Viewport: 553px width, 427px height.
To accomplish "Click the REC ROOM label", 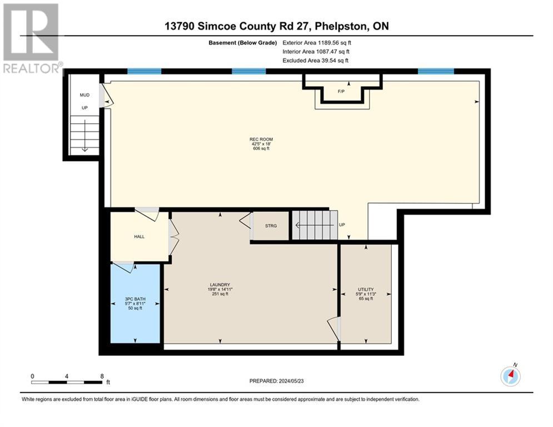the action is tap(261, 140).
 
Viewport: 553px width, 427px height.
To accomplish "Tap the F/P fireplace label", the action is tap(341, 91).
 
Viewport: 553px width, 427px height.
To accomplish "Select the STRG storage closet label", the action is tap(271, 226).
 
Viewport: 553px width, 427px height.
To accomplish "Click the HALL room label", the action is tap(140, 237).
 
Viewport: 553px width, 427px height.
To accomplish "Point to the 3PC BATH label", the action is tap(135, 299).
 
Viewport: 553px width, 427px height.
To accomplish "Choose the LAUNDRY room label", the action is tap(220, 285).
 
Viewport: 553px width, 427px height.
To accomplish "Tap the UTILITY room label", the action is tap(366, 289).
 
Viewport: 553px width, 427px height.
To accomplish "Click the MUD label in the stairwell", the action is tap(84, 95).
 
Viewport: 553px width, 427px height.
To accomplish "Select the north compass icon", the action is tap(511, 376).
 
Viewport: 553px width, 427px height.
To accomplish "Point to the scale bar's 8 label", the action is tap(102, 376).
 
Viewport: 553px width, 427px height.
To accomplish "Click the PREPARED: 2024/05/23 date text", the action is tap(277, 381).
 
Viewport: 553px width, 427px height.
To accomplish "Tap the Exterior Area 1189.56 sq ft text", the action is tap(317, 43).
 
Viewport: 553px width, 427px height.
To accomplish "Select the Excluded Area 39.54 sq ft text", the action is tap(315, 61).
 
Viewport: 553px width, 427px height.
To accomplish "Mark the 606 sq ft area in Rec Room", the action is tap(261, 148).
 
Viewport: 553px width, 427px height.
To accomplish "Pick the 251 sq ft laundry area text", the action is tap(220, 294).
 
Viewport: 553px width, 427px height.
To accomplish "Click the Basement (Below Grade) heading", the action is tap(243, 43).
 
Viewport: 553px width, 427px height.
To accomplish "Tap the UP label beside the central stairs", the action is tap(342, 225).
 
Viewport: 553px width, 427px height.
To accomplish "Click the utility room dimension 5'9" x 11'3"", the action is tap(366, 294).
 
